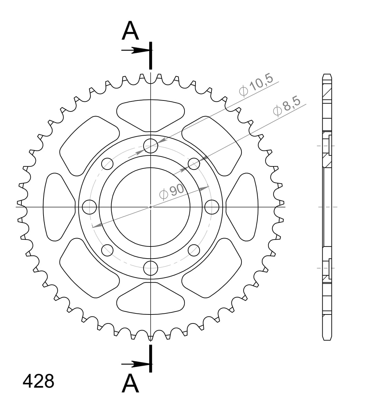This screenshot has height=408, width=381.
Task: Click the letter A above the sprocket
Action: (130, 31)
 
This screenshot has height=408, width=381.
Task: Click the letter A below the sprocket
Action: (130, 383)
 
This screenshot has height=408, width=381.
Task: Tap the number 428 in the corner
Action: (38, 381)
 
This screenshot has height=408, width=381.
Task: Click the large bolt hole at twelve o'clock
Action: (151, 146)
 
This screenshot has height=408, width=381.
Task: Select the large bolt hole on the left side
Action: (90, 207)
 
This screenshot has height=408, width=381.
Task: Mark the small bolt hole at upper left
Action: (107, 164)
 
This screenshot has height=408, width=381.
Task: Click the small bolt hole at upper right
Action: (194, 164)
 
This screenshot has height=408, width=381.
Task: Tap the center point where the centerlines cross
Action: (151, 207)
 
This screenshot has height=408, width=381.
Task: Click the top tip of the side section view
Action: (327, 75)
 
